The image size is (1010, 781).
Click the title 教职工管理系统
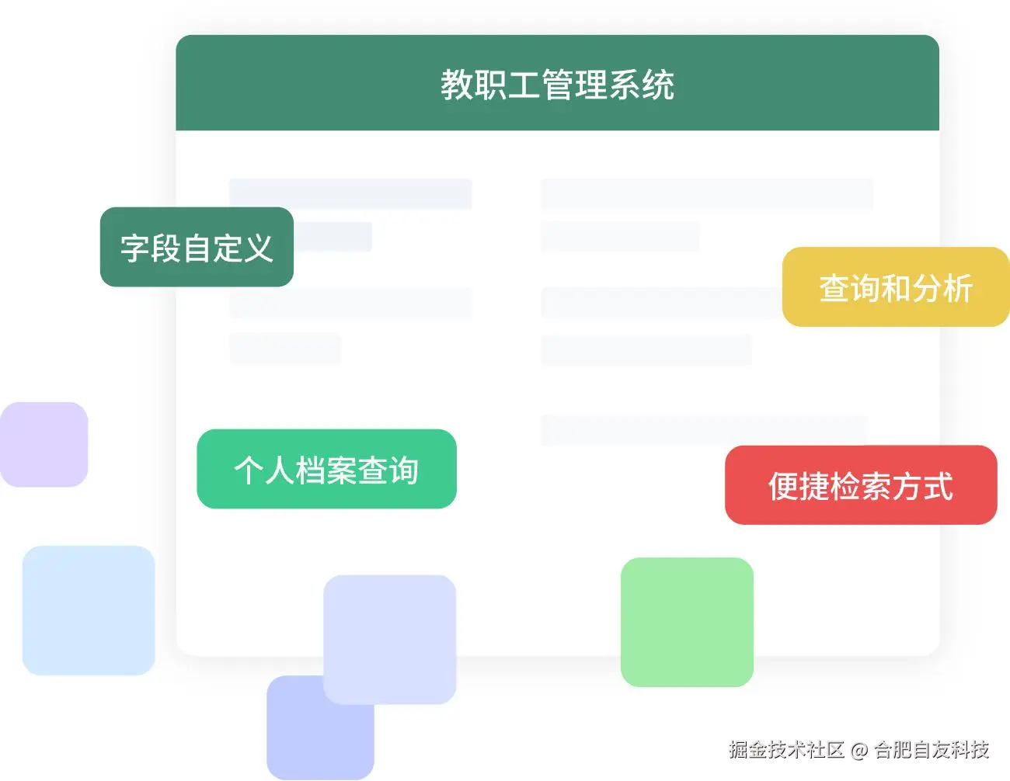point(557,85)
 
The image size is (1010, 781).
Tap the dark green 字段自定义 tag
point(197,247)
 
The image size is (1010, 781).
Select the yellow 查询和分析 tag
point(896,287)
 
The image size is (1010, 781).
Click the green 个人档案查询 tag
point(326,470)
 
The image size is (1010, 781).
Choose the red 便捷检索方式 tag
point(861,485)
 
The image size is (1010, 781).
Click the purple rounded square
point(44,444)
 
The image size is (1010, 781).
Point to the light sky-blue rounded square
point(88,610)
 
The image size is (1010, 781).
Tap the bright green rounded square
point(687,622)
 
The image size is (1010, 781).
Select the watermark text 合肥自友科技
point(932,749)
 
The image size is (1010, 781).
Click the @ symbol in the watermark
point(858,750)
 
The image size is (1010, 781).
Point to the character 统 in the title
point(659,85)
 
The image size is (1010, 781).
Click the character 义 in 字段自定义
point(259,248)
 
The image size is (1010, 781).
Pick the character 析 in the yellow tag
point(958,288)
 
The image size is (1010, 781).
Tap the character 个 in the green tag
point(249,470)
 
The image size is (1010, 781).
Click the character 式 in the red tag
point(938,486)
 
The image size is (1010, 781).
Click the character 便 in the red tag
point(783,486)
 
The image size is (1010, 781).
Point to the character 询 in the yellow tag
point(865,288)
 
